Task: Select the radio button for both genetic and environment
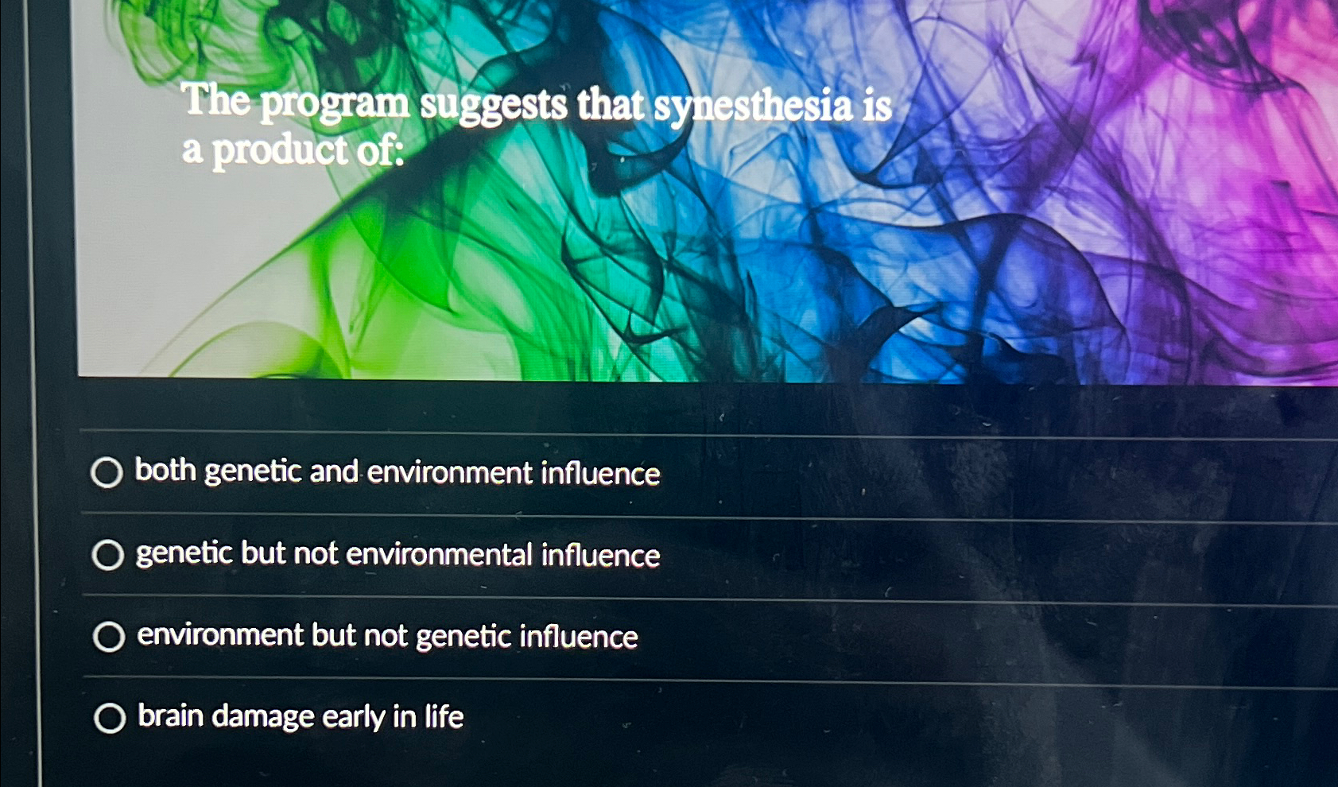107,472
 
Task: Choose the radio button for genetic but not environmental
107,555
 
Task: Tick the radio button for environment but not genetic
109,637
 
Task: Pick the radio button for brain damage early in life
110,718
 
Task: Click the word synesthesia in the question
752,107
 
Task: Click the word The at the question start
215,100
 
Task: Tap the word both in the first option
165,470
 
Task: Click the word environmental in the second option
439,554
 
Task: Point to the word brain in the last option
170,715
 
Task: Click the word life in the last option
444,717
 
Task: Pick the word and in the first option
334,471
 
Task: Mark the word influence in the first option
600,474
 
